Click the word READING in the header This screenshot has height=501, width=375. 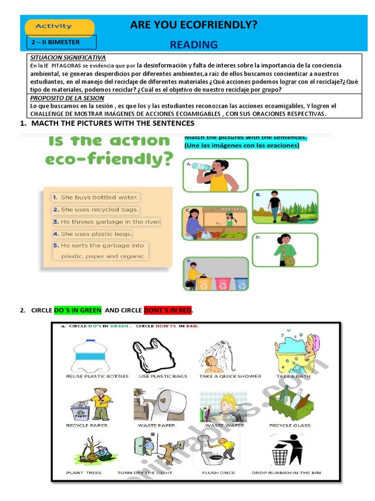[x=193, y=45]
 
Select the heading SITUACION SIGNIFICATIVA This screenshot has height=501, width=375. [x=68, y=58]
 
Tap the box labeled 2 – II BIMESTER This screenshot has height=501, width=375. [x=62, y=42]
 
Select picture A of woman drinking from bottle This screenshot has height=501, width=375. [x=215, y=175]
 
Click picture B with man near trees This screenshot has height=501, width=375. [x=285, y=206]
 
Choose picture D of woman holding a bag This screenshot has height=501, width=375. [x=285, y=250]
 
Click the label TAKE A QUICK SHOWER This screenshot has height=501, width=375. [x=230, y=376]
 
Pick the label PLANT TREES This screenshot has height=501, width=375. [x=83, y=473]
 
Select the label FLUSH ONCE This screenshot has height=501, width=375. [x=218, y=473]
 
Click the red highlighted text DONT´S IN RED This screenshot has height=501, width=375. [x=167, y=310]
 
